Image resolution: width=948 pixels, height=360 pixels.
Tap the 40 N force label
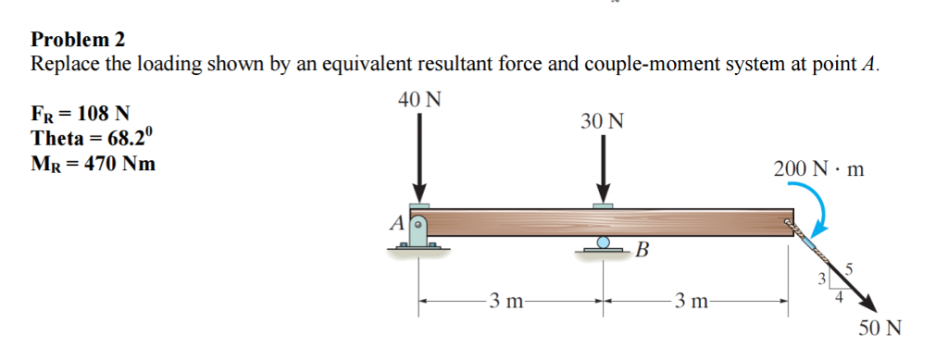pyautogui.click(x=419, y=97)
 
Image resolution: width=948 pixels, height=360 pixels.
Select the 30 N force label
pyautogui.click(x=603, y=121)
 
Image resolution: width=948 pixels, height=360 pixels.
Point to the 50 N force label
pyautogui.click(x=879, y=329)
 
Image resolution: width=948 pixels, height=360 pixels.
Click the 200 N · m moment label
pyautogui.click(x=819, y=169)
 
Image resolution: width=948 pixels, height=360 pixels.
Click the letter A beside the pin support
pyautogui.click(x=394, y=222)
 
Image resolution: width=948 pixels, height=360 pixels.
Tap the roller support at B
pyautogui.click(x=603, y=244)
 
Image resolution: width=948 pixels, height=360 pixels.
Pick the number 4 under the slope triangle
pyautogui.click(x=839, y=296)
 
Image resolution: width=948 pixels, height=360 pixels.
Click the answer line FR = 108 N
pyautogui.click(x=81, y=115)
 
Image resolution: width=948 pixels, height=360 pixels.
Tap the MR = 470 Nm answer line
pyautogui.click(x=94, y=164)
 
